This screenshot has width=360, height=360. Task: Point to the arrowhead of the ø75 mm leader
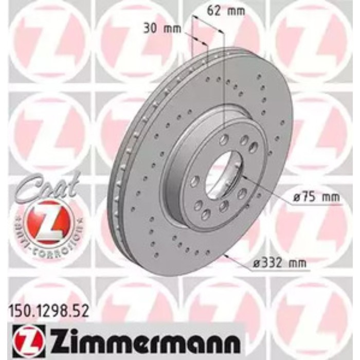tap(242, 176)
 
